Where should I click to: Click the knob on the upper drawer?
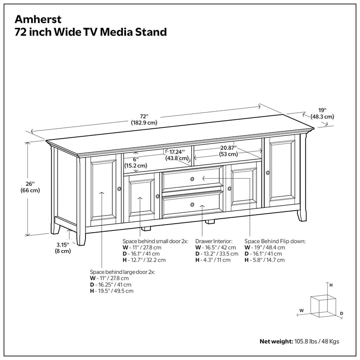pyautogui.click(x=193, y=179)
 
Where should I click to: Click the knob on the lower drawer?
pyautogui.click(x=193, y=205)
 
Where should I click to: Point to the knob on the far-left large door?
pyautogui.click(x=119, y=189)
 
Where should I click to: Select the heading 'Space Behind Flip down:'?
pyautogui.click(x=274, y=242)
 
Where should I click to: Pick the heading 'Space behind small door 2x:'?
pyautogui.click(x=155, y=242)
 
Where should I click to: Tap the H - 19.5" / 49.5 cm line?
pyautogui.click(x=112, y=291)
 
